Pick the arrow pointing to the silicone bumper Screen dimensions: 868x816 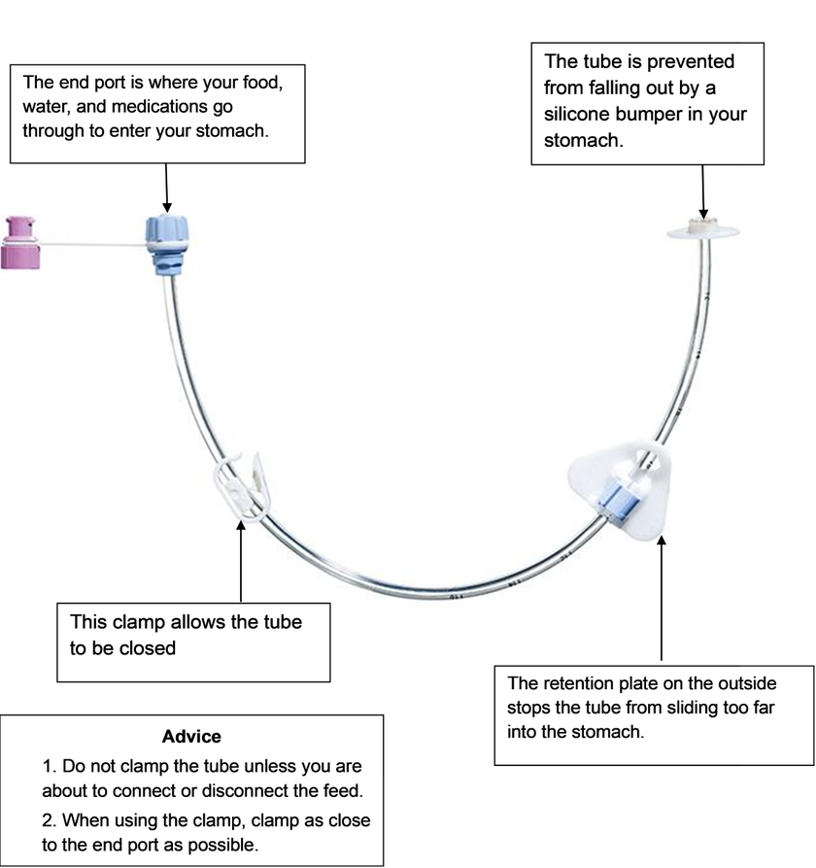[x=704, y=190]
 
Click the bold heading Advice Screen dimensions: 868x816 [x=191, y=737]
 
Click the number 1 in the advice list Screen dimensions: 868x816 [x=48, y=766]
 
